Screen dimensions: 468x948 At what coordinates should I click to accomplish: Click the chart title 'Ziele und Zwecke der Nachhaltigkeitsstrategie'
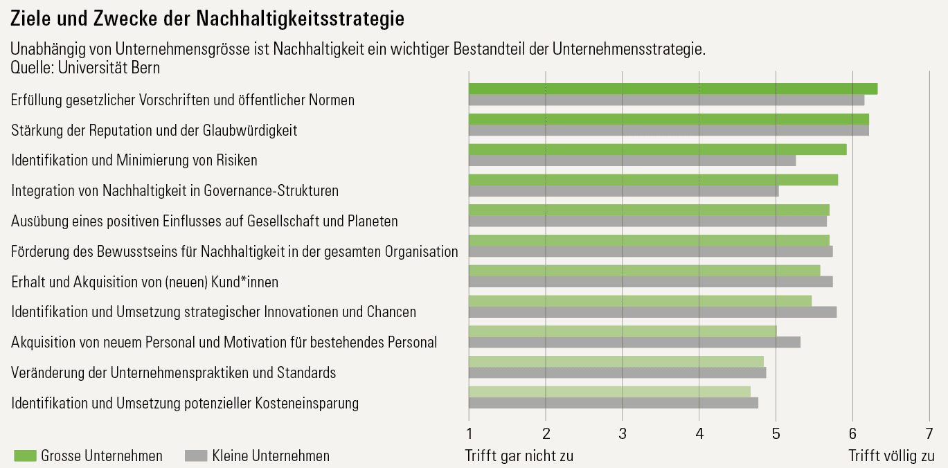(x=207, y=19)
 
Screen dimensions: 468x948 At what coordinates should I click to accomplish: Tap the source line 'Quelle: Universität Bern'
(x=85, y=68)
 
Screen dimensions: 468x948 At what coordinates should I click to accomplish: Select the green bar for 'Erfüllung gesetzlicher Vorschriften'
(x=672, y=89)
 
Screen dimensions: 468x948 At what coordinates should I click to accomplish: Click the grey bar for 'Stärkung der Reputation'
(x=668, y=130)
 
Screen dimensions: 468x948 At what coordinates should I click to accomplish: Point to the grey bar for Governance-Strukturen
(x=623, y=191)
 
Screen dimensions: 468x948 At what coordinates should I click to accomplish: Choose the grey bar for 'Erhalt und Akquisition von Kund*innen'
(x=650, y=282)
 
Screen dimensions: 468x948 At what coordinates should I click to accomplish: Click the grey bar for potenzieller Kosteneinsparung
(x=613, y=403)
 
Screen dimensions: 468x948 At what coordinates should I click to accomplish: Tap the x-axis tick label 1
(x=469, y=434)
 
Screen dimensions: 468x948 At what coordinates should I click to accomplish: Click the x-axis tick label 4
(x=699, y=434)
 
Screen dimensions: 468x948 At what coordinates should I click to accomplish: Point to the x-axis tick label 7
(x=929, y=434)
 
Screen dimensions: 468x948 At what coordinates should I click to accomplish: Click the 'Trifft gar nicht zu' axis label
(x=519, y=456)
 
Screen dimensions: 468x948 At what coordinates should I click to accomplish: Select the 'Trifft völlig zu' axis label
(x=891, y=456)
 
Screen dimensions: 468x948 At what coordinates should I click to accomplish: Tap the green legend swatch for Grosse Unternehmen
(x=24, y=456)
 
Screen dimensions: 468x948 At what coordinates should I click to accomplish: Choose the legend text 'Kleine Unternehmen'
(x=271, y=456)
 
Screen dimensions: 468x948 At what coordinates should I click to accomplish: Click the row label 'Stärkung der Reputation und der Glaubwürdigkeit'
(x=154, y=130)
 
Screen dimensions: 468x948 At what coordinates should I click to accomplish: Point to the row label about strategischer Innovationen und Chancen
(x=214, y=312)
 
